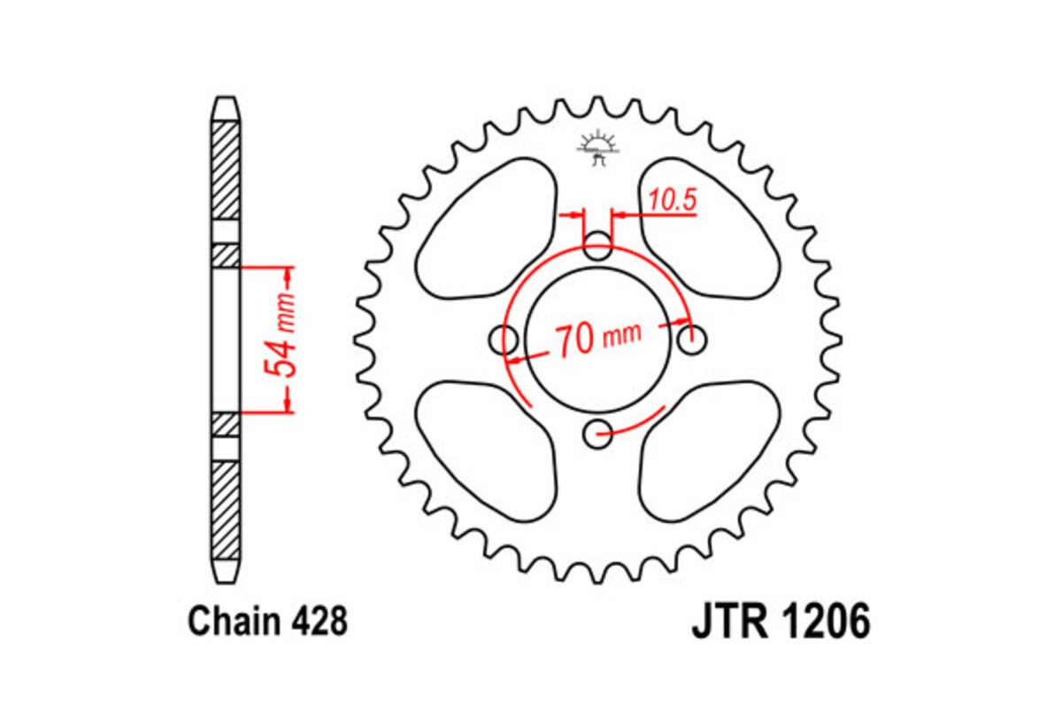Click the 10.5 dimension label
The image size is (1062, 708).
tap(672, 201)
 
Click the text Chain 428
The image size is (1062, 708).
tap(267, 622)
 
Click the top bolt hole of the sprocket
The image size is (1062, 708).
tap(599, 247)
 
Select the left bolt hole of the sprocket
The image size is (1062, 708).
tap(505, 338)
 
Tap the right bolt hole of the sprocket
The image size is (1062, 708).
tap(691, 338)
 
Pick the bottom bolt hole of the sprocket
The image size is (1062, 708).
tap(599, 432)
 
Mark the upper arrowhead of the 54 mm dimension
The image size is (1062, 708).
tap(288, 273)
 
